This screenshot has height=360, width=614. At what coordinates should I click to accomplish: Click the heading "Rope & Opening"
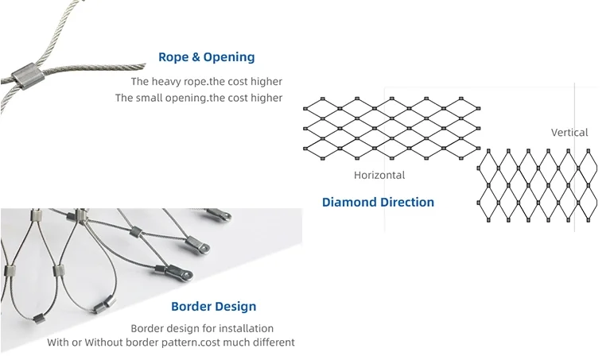coord(207,57)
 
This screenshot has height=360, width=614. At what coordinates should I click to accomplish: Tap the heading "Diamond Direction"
coord(378,202)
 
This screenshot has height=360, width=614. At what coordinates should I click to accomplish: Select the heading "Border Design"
coord(214,306)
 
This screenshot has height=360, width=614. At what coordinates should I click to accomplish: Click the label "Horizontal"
coord(379,175)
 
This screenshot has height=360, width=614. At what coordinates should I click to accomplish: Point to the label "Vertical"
coord(569,132)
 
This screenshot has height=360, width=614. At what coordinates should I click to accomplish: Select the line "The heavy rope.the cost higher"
coord(206,81)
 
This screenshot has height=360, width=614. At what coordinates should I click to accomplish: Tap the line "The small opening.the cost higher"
coord(198,98)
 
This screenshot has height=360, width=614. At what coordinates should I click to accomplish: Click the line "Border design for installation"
coord(202,328)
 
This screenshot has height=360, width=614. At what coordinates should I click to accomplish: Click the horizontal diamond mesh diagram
coord(391,127)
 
